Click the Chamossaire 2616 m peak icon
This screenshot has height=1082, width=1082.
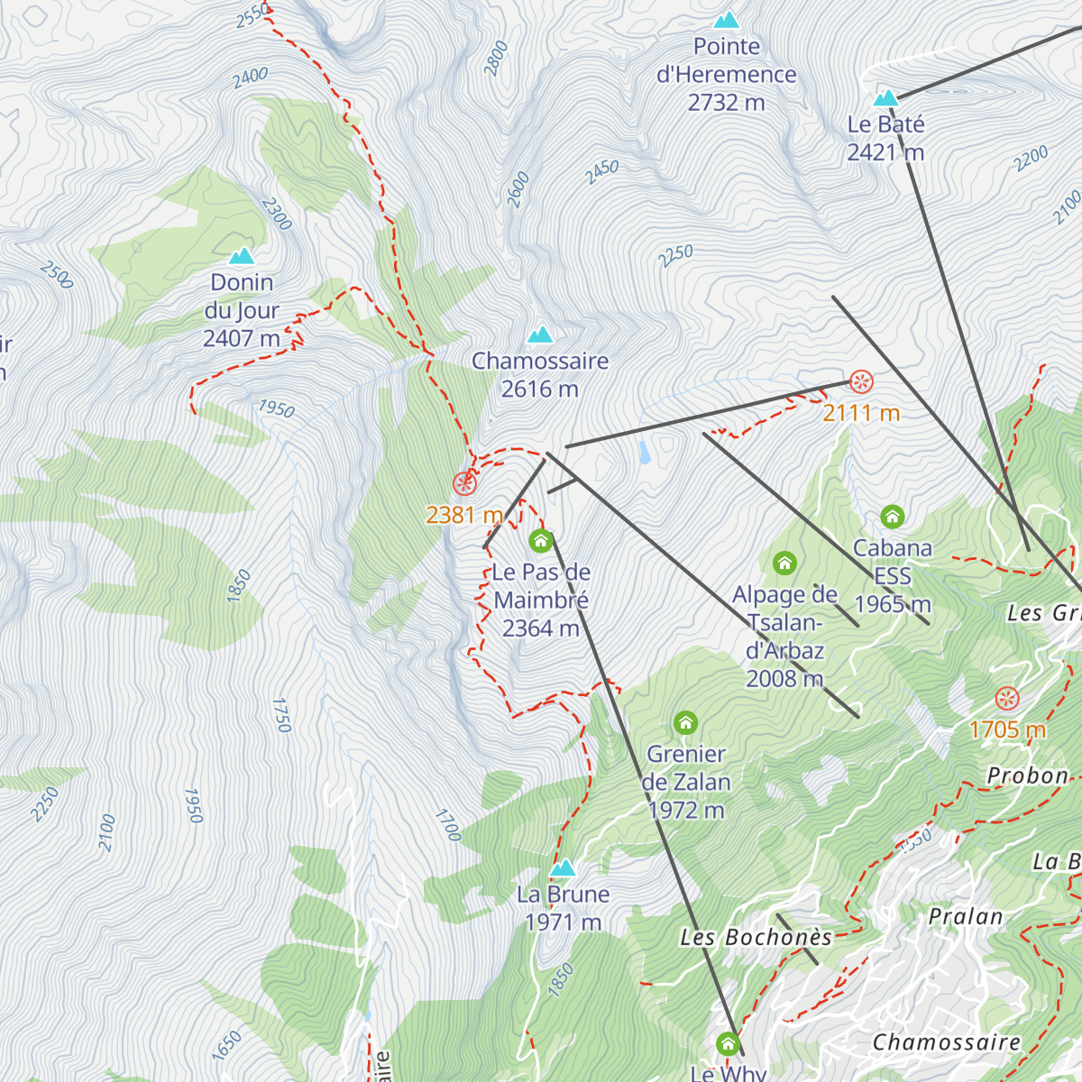(540, 335)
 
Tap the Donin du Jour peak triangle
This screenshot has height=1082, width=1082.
(241, 256)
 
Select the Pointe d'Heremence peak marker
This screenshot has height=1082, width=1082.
(726, 20)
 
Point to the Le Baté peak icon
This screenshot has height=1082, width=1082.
(885, 97)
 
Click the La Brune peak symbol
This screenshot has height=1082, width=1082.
(563, 868)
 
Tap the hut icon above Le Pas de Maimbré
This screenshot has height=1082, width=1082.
(540, 540)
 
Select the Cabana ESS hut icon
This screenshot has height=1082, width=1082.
(892, 517)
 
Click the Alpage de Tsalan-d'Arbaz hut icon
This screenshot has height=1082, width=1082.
(784, 564)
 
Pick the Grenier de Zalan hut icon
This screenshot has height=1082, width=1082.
(685, 722)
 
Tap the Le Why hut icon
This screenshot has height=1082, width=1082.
(728, 1044)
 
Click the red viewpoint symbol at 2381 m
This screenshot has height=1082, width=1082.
(463, 483)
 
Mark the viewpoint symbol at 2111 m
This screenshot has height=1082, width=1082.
(861, 381)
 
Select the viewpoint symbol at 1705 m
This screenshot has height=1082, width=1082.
(1006, 698)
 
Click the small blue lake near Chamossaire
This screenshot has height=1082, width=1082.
(644, 452)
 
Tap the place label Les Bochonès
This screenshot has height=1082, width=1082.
(756, 938)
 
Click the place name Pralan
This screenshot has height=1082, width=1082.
(966, 917)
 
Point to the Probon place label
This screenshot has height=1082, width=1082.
(1027, 775)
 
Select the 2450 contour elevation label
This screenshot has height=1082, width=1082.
(601, 171)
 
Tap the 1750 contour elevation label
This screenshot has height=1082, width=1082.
(280, 714)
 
